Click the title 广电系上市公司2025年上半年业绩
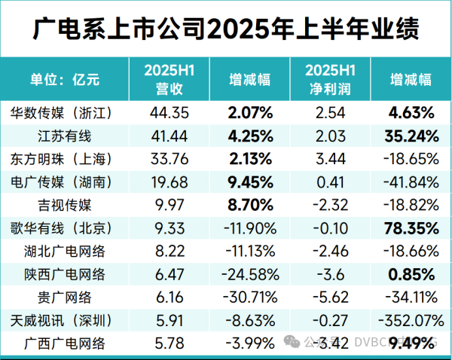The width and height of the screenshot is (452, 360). pyautogui.click(x=226, y=30)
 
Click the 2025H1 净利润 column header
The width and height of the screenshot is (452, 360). pyautogui.click(x=329, y=79)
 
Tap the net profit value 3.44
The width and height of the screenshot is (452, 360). pyautogui.click(x=329, y=159)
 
